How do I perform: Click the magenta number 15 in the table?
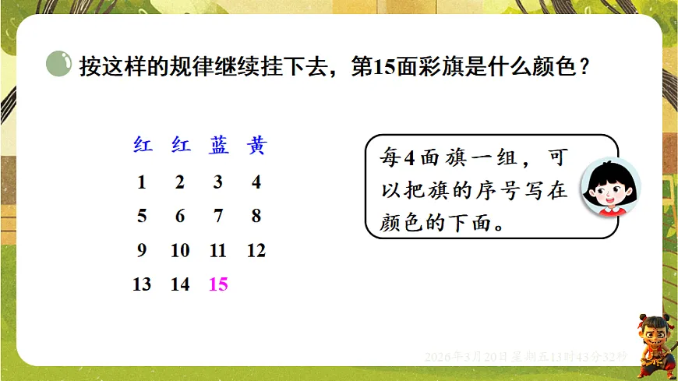pos(218,284)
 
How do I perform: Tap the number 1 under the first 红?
pos(141,183)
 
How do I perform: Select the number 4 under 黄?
pos(256,183)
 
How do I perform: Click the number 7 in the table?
pos(218,217)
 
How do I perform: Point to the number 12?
pos(256,251)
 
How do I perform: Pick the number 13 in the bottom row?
pos(142,284)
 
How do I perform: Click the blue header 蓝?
pos(218,146)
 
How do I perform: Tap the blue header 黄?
pos(256,146)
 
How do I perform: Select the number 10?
pos(180,251)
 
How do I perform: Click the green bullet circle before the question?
pos(59,65)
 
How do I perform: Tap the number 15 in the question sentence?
pos(386,67)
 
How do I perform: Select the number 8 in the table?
pos(256,217)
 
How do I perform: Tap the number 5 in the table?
pos(141,217)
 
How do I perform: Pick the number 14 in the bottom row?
pos(180,284)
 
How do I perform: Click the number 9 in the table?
pos(141,251)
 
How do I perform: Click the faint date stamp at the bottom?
pos(526,356)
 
